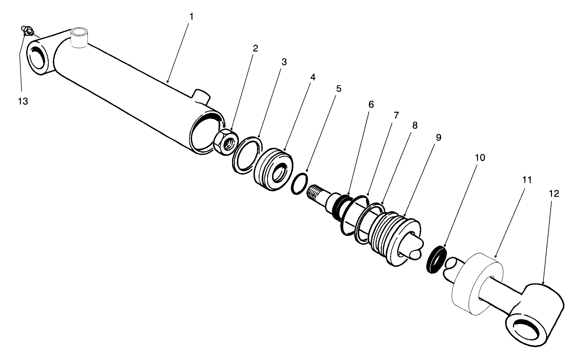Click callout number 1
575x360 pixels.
(191, 17)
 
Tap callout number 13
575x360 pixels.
(23, 101)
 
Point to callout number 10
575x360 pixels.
(480, 158)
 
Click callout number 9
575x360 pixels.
(438, 137)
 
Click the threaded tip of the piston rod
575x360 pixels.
(316, 193)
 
